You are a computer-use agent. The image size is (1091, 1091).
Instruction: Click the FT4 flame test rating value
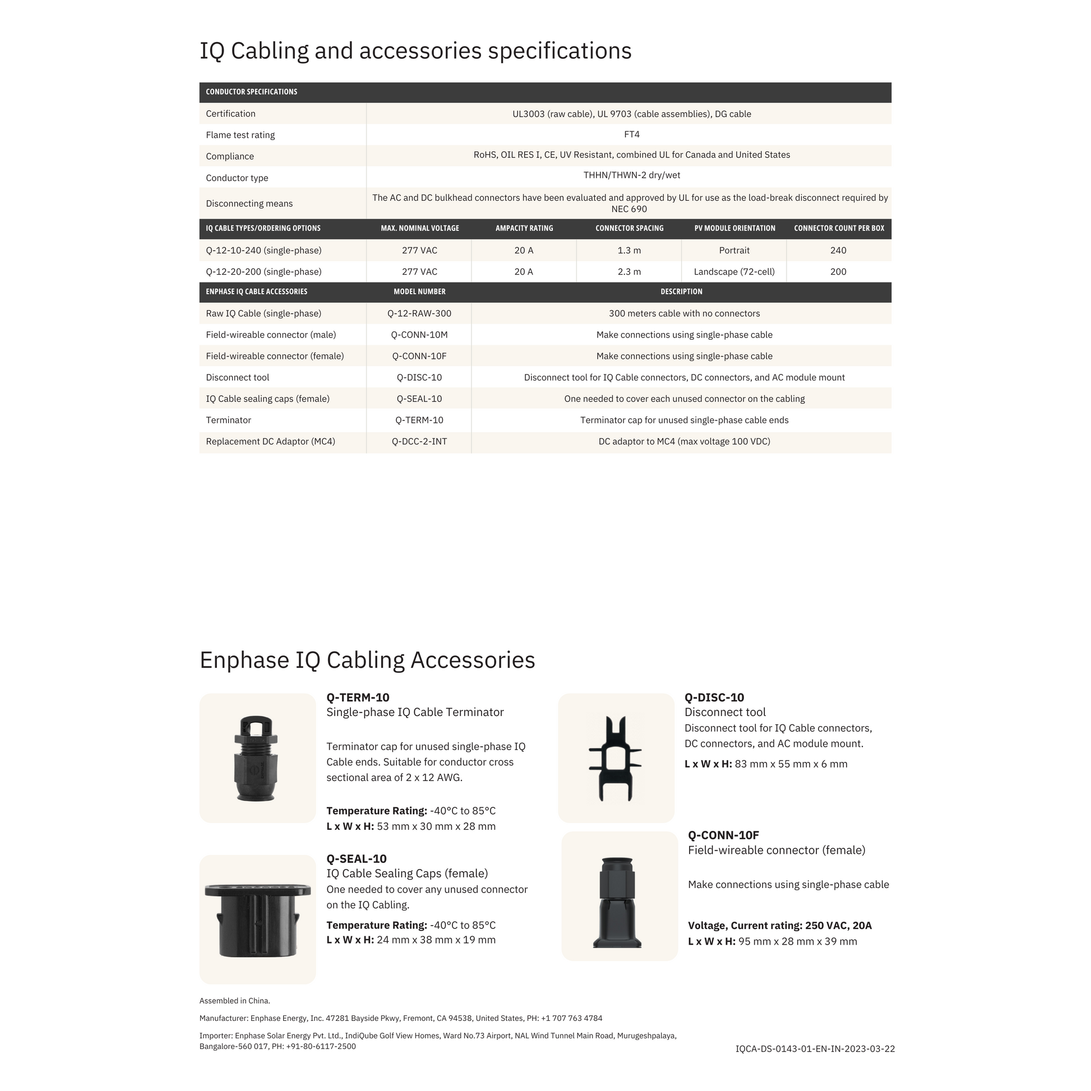631,135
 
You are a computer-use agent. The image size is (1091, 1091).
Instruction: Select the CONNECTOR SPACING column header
629,228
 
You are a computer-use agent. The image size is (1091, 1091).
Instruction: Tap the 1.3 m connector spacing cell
629,250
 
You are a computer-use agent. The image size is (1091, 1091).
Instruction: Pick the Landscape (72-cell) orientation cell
734,271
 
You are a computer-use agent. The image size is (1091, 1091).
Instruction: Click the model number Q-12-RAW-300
419,313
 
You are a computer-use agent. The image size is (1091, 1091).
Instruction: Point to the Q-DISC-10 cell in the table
419,377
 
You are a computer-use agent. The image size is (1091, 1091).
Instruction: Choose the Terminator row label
229,420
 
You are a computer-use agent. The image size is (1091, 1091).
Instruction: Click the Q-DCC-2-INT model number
419,442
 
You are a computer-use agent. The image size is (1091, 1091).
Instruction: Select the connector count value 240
838,250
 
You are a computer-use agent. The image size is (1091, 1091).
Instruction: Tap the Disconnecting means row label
249,204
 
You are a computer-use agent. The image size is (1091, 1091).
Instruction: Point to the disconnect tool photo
616,758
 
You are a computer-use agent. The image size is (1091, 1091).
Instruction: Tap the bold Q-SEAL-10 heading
357,859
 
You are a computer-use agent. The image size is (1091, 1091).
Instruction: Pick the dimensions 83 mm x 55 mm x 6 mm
790,764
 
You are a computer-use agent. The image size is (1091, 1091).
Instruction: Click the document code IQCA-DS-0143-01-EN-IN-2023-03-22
815,1048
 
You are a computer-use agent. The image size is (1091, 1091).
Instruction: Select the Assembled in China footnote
235,1001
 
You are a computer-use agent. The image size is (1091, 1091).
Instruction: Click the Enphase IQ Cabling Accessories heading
367,660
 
